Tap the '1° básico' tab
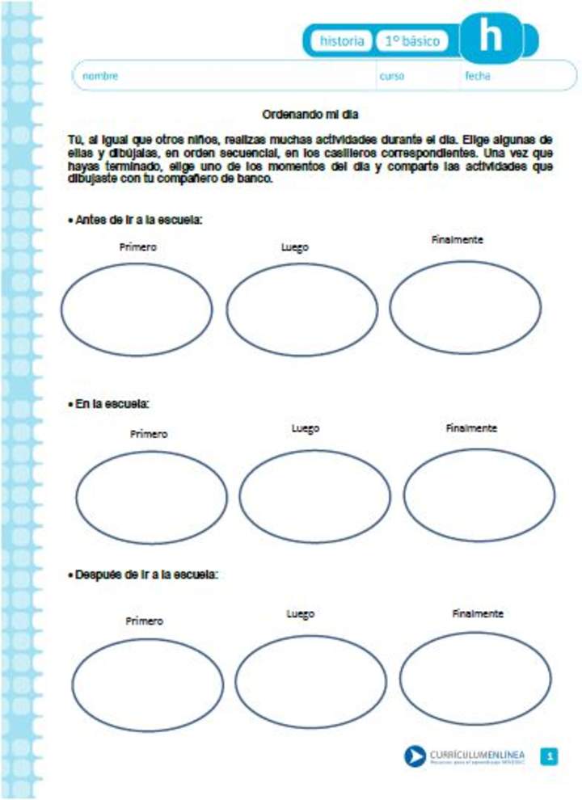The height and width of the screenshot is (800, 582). (x=412, y=40)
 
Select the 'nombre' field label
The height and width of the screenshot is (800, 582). (x=100, y=76)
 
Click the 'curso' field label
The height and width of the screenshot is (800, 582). (x=392, y=76)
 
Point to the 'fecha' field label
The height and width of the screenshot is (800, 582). (x=477, y=76)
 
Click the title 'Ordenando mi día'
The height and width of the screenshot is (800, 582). (x=317, y=114)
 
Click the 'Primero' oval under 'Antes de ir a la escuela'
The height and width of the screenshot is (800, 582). (x=137, y=309)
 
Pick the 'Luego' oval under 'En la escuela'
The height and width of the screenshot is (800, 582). (x=315, y=496)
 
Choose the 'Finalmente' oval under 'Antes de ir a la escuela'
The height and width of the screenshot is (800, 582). (x=466, y=306)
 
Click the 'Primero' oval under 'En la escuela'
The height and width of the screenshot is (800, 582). (x=152, y=496)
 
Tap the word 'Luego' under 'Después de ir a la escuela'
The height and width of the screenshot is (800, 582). (x=300, y=614)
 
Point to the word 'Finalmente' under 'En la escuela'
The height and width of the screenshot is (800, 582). (x=471, y=427)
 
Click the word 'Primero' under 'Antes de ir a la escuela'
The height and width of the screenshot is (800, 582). (x=137, y=246)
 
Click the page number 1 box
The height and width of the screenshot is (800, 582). (x=550, y=756)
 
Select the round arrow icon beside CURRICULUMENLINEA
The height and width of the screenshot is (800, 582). (x=415, y=756)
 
